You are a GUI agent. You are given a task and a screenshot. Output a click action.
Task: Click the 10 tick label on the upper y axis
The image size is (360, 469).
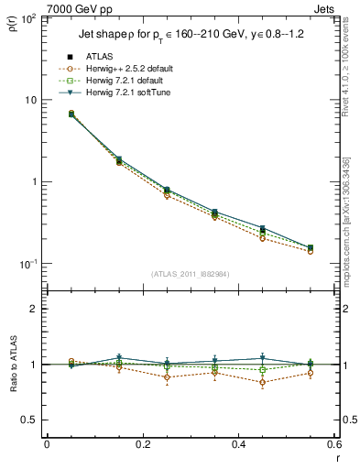(30, 100)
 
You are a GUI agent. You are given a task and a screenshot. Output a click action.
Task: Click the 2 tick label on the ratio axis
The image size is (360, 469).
(33, 309)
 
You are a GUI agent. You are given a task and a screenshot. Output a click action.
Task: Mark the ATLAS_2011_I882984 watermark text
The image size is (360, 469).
(191, 274)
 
